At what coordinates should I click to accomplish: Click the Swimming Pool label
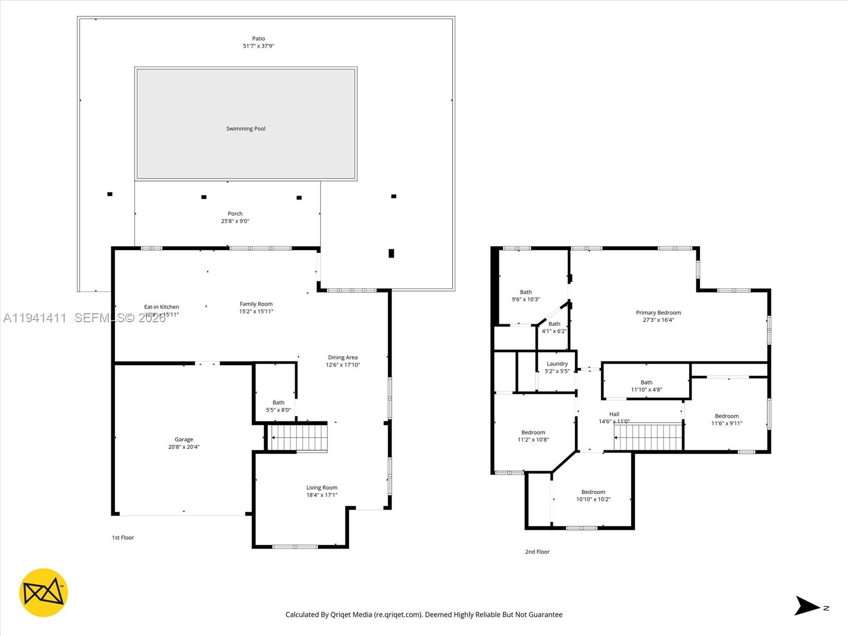(246, 129)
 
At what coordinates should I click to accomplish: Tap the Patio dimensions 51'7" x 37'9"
(259, 46)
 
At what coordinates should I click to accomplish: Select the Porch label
(235, 214)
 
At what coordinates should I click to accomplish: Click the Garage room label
(184, 439)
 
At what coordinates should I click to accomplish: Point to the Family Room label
(256, 304)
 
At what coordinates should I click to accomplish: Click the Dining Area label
(343, 358)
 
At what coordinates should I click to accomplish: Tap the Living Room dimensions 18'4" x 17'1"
(322, 495)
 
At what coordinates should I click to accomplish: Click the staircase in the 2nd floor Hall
(648, 437)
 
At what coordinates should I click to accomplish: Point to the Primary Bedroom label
(658, 313)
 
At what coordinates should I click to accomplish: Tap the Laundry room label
(557, 364)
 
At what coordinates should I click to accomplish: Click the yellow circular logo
(43, 593)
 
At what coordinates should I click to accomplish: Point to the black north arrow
(807, 606)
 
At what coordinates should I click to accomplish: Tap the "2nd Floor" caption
(537, 552)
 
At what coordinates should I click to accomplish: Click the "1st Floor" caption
(122, 537)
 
